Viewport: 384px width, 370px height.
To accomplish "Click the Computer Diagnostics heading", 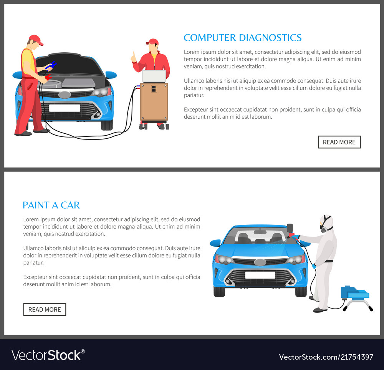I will pos(242,38).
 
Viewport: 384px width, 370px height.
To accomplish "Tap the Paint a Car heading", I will pos(51,205).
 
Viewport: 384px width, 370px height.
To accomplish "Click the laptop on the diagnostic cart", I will pos(154,76).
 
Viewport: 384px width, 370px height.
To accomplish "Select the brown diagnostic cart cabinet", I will pos(154,102).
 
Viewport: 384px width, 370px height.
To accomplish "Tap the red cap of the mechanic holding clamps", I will pos(36,39).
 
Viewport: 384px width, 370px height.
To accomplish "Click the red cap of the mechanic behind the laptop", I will pos(152,41).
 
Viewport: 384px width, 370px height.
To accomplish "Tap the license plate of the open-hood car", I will pos(65,108).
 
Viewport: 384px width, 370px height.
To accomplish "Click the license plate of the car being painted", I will pos(260,275).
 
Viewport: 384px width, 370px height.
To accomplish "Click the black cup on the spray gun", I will pos(290,228).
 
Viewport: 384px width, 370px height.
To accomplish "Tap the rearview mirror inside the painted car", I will pos(260,232).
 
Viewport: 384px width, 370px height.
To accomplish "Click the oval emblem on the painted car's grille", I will pos(260,262).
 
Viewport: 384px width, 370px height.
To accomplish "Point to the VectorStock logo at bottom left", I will pos(48,355).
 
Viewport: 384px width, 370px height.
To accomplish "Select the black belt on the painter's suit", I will pos(328,261).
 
